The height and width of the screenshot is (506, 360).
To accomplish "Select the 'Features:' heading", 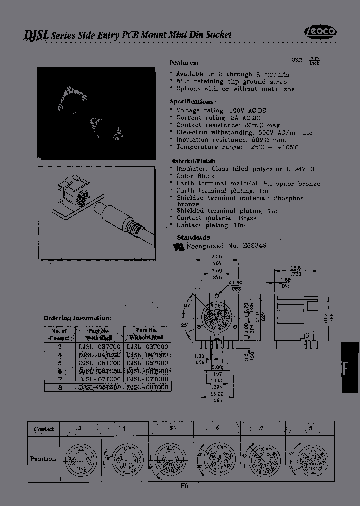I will pyautogui.click(x=184, y=63).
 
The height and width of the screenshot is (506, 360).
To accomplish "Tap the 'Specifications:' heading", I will pyautogui.click(x=192, y=101).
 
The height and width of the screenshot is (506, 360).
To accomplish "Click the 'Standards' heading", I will pyautogui.click(x=193, y=238).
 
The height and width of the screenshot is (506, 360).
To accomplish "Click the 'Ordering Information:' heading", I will pyautogui.click(x=77, y=318).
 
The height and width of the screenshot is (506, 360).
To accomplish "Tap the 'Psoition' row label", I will pyautogui.click(x=43, y=458).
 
